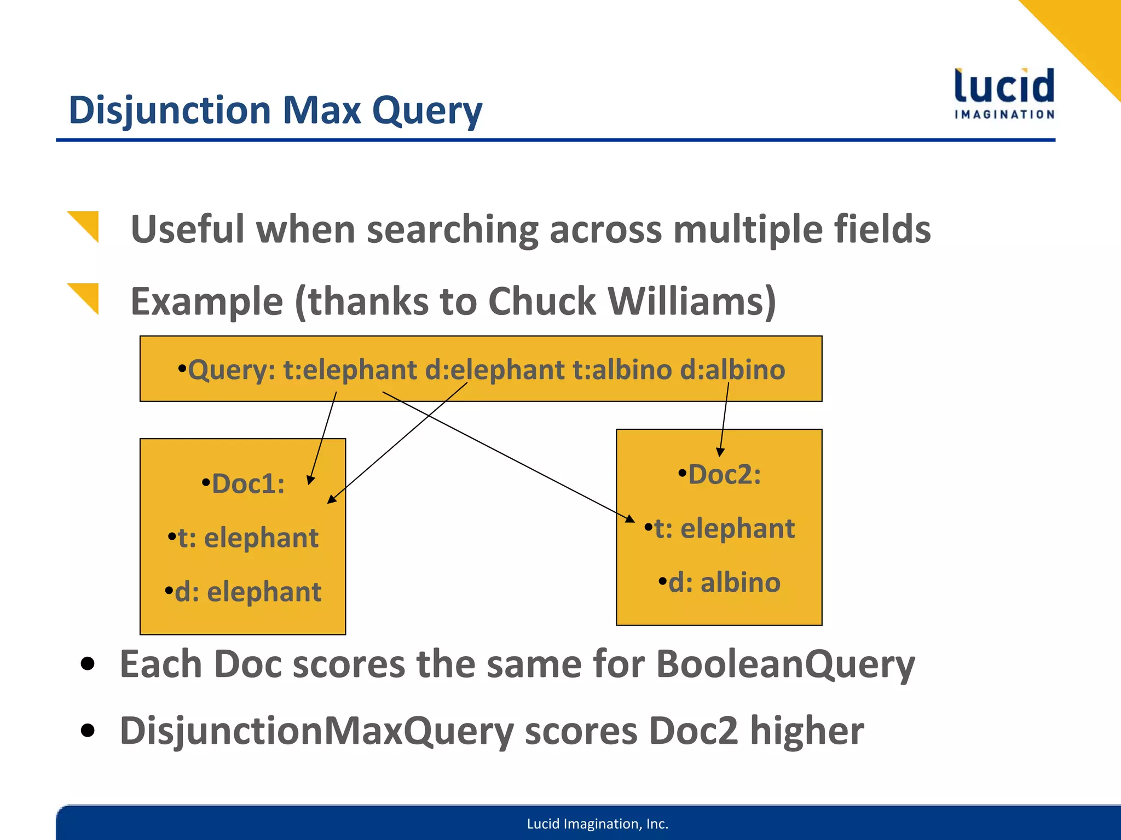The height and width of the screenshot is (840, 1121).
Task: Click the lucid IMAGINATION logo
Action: (1004, 93)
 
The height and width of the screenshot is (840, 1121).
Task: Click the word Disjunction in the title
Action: (170, 111)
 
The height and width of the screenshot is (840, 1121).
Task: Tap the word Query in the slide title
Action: (427, 111)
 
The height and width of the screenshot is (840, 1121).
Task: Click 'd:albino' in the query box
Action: (732, 370)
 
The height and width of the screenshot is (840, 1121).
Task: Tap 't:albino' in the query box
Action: (622, 370)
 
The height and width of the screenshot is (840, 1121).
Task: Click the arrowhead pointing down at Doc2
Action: (720, 452)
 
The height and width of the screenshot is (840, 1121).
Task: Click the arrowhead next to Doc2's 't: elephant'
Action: (630, 518)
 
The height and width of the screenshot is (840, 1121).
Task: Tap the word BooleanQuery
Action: (785, 664)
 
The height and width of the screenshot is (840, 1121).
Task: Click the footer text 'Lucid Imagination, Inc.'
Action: (597, 824)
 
